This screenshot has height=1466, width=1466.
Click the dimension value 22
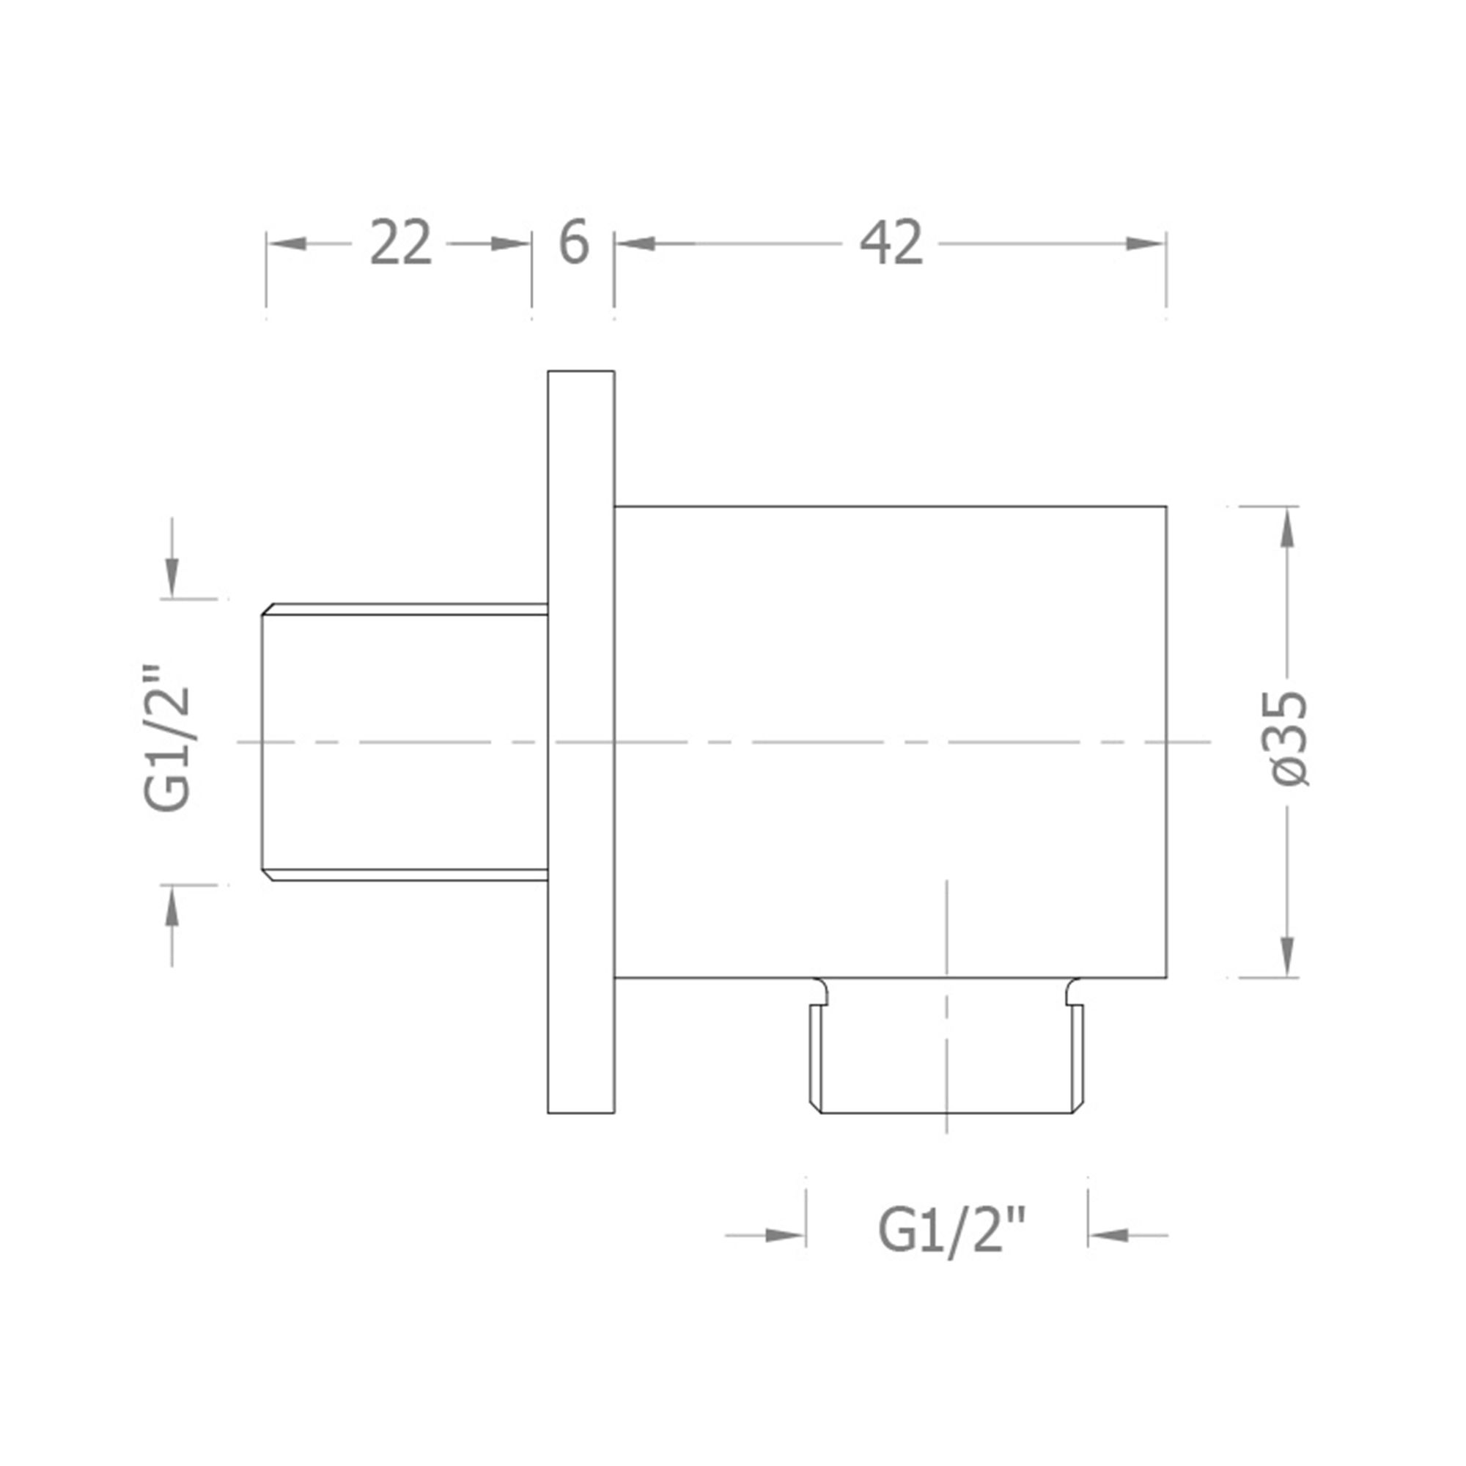coord(400,243)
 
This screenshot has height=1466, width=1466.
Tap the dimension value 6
coord(574,243)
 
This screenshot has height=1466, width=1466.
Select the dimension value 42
coord(891,243)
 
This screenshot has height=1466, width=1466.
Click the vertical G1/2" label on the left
coord(167,738)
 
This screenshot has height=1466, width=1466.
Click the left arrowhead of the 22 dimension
coord(287,243)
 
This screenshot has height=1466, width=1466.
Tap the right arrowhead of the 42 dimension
coord(1144,243)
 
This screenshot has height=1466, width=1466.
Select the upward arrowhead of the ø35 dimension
coord(1288,526)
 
